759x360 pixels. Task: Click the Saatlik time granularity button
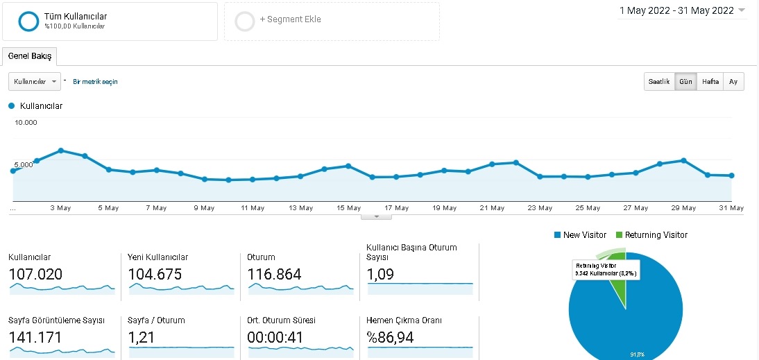[659, 81]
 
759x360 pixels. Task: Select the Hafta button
[710, 81]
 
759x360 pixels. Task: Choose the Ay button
[733, 81]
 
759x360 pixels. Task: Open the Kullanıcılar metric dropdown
[35, 81]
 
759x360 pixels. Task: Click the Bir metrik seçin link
[95, 82]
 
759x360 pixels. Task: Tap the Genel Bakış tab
[30, 56]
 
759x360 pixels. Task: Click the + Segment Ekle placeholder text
[291, 19]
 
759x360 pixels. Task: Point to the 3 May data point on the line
[61, 151]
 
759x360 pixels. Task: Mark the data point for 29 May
[683, 160]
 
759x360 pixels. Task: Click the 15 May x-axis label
[348, 208]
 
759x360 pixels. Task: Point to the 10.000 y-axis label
[26, 122]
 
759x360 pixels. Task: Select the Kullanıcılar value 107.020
[36, 275]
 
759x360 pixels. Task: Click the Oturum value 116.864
[275, 275]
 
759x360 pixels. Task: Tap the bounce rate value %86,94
[391, 337]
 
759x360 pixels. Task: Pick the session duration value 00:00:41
[275, 337]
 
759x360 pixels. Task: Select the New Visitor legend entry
[580, 235]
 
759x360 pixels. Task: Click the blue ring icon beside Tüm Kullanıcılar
[28, 22]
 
